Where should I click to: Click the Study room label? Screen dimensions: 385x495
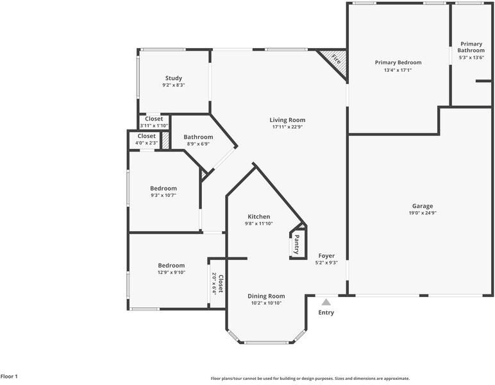(174, 78)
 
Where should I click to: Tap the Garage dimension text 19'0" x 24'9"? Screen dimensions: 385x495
(423, 213)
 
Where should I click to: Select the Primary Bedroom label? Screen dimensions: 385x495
(398, 62)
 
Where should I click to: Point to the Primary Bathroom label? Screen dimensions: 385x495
(471, 47)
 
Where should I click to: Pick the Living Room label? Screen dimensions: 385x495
(287, 120)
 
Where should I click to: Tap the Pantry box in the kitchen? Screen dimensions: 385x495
(297, 243)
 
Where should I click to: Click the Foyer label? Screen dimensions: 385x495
(326, 255)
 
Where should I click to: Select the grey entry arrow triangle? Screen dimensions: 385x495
(326, 302)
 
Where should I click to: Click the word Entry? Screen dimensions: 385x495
(326, 312)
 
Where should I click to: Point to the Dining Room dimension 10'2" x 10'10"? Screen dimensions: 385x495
(267, 303)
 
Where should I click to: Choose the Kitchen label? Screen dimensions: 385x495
(259, 217)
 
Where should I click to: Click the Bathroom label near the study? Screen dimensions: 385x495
(198, 137)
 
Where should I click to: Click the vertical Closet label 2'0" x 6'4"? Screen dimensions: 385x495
(217, 284)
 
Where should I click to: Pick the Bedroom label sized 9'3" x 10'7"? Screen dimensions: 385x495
(164, 188)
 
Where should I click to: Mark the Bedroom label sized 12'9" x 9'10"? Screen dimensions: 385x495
(171, 265)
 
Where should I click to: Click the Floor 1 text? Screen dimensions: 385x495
(9, 376)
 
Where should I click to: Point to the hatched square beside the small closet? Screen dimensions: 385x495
(165, 141)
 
